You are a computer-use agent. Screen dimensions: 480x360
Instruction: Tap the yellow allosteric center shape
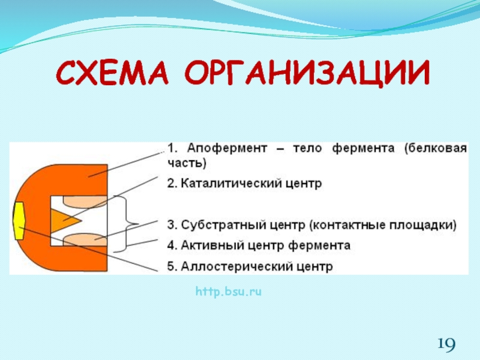pos(19,220)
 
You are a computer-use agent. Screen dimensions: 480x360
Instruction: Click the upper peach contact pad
pos(85,201)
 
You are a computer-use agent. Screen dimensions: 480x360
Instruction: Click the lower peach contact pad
pos(85,239)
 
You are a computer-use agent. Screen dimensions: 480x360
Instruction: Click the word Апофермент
pos(227,148)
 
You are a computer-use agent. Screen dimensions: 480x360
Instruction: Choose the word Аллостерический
pos(236,266)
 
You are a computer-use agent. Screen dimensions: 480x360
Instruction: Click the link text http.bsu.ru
pos(229,292)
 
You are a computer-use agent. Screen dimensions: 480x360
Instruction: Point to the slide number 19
pos(446,343)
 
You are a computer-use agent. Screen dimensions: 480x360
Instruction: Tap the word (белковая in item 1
pos(436,148)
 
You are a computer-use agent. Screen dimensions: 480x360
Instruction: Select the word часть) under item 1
pos(187,163)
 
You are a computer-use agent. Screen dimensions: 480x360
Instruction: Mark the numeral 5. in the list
pos(173,266)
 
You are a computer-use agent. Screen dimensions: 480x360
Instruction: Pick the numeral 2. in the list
pos(173,184)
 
